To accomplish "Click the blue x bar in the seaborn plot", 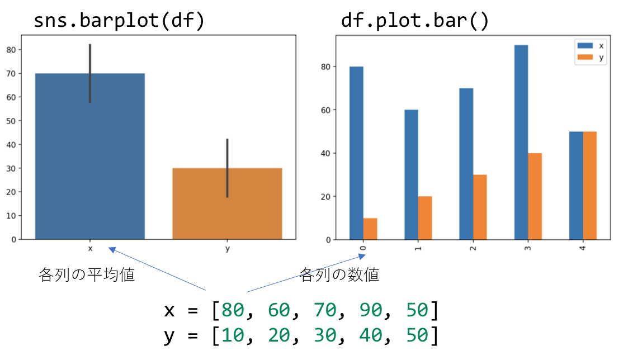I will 89,168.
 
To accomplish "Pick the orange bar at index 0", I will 370,229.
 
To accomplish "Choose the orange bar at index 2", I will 480,207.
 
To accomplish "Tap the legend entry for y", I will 593,58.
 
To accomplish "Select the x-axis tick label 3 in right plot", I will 528,247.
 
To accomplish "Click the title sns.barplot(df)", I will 119,21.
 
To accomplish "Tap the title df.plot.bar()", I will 415,21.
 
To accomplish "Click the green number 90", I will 371,310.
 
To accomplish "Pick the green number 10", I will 233,335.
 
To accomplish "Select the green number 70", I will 324,310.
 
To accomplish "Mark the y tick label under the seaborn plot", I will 227,249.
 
